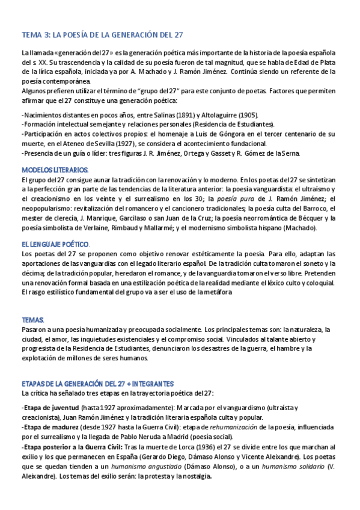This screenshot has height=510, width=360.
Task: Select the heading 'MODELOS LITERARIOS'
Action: coord(55,170)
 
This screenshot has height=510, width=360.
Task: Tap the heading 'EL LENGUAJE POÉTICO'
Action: coord(55,245)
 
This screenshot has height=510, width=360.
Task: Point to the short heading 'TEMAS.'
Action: coord(32,320)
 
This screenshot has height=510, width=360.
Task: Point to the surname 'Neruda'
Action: coord(179,436)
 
